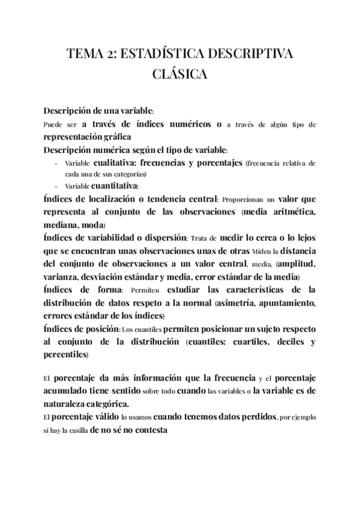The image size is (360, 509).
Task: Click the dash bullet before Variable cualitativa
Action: click(x=56, y=163)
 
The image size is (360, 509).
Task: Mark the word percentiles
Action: click(x=65, y=355)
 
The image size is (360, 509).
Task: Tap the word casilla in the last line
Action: click(x=72, y=430)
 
